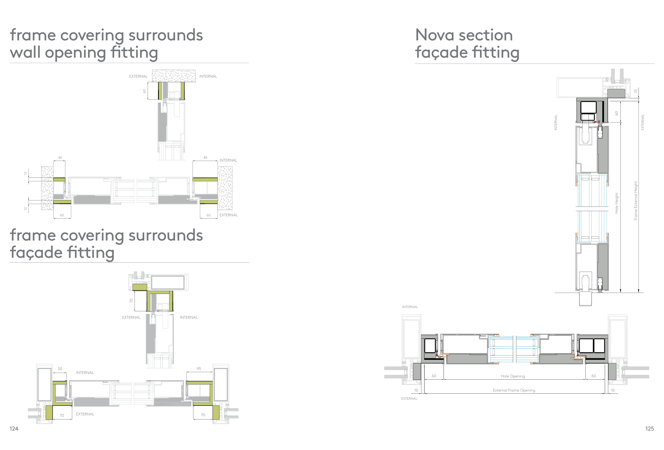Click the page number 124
click(14, 428)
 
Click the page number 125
click(649, 428)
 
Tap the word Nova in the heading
click(434, 35)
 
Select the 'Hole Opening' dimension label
click(513, 376)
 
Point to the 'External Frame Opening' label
click(514, 390)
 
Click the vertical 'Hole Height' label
click(616, 203)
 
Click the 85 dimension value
click(205, 158)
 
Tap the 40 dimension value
click(60, 158)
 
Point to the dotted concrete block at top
click(174, 76)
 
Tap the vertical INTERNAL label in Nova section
click(556, 122)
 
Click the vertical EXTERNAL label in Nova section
click(642, 122)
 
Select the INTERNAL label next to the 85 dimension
click(228, 160)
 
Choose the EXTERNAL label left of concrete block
click(138, 76)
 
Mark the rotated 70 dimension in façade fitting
click(131, 301)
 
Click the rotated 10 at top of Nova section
click(635, 91)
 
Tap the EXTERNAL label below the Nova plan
click(409, 398)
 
